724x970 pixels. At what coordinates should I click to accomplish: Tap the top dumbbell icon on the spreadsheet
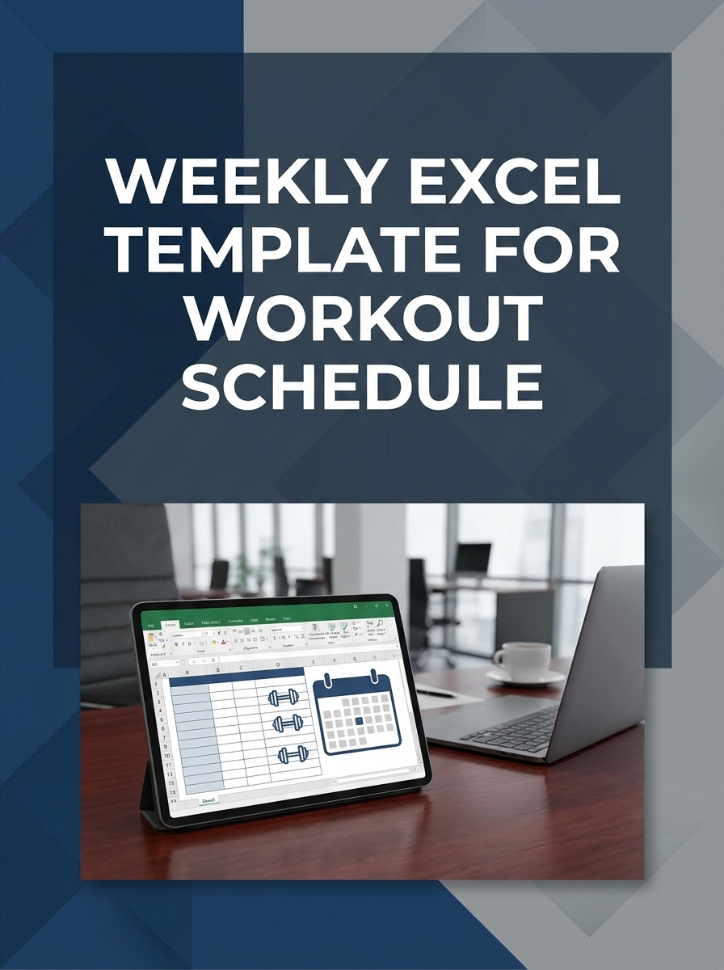pos(284,697)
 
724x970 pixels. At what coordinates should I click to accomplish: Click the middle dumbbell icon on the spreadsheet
pos(288,724)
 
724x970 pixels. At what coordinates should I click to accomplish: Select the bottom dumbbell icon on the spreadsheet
pos(293,754)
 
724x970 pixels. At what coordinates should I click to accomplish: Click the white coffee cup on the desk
pos(520,659)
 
